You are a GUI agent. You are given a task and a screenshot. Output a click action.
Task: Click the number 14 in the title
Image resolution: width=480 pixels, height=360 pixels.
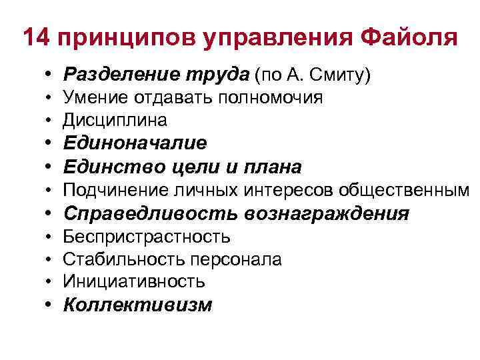[x=36, y=37]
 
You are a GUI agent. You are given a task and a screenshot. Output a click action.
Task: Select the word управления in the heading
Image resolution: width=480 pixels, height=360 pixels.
[x=270, y=37]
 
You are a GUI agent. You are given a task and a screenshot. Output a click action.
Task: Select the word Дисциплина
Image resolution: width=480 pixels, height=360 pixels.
[x=115, y=121]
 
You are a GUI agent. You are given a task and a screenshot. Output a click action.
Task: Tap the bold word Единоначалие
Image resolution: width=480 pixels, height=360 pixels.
[x=135, y=143]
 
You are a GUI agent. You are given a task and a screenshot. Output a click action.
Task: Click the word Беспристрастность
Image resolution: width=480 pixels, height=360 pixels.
[x=147, y=237]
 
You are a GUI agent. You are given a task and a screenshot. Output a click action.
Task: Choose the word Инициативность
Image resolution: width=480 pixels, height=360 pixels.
[x=134, y=282]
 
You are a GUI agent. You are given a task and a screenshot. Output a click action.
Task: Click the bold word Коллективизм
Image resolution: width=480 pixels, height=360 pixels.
[x=137, y=305]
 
